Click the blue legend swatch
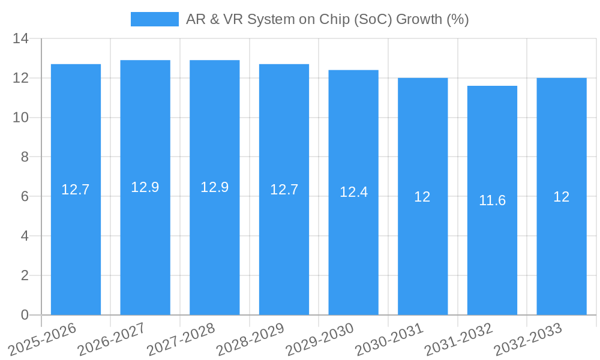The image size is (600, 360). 155,19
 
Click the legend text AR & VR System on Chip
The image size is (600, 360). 327,19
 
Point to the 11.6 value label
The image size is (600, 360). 492,201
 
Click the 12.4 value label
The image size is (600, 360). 353,192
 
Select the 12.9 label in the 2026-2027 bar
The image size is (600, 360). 145,187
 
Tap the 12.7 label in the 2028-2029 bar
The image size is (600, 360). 284,190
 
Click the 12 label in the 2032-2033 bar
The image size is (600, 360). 561,197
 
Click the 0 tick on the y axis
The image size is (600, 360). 25,315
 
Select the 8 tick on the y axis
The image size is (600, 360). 25,157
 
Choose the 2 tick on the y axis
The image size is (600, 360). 25,275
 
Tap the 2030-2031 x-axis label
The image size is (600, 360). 388,339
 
